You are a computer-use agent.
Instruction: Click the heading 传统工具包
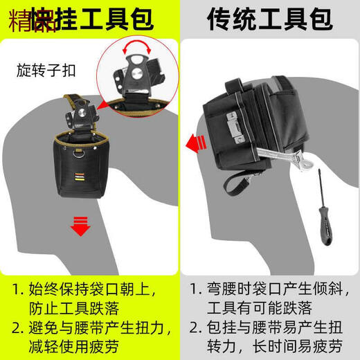[x=270, y=19]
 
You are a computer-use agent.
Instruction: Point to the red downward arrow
[x=81, y=226]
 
